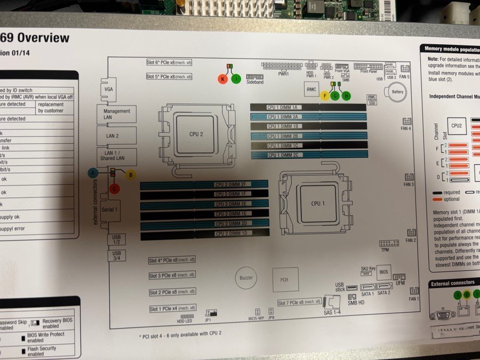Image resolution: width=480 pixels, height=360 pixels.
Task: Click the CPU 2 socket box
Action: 196,134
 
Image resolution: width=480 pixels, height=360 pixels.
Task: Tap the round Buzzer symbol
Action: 246,278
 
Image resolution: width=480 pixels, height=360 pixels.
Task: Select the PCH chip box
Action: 284,278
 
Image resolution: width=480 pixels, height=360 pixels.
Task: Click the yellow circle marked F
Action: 324,95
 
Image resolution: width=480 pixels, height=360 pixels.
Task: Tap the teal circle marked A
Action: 93,173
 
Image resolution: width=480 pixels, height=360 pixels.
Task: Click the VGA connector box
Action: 109,89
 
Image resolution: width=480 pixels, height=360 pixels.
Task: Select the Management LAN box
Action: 117,114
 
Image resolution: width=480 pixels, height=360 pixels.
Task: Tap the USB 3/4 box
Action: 116,255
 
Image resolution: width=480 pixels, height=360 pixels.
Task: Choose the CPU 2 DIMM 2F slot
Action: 204,184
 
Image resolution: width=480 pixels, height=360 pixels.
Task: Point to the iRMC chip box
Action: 311,90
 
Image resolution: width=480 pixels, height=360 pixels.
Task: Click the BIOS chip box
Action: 383,271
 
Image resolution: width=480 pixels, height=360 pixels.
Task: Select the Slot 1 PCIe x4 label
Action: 171,309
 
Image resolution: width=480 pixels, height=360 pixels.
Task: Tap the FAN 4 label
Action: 406,129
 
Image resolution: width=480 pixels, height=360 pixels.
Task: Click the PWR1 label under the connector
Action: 284,74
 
